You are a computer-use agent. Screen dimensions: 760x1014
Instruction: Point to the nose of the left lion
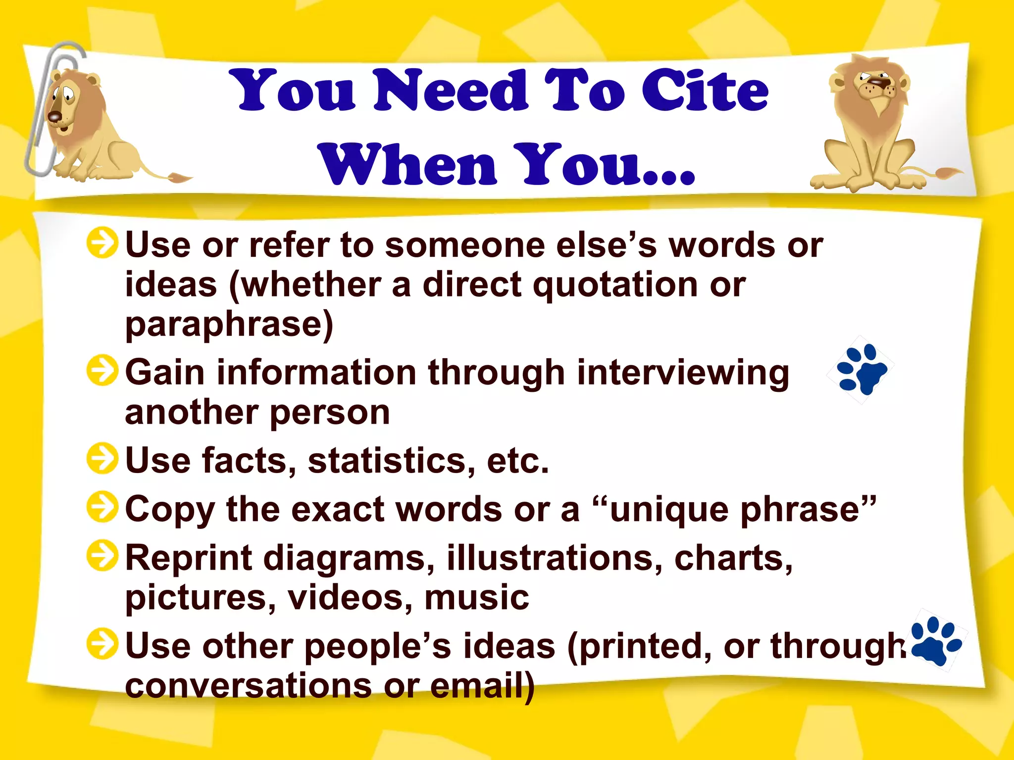54,117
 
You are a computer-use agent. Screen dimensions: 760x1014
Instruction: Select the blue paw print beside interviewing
862,370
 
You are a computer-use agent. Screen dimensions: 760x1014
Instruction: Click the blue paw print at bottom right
935,641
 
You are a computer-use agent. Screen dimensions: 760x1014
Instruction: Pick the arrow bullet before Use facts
102,458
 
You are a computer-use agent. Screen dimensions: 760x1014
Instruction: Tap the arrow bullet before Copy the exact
102,507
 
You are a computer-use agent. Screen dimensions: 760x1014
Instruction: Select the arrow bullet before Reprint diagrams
102,555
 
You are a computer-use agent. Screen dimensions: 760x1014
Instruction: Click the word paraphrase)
229,325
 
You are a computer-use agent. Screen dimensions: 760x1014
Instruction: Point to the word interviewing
683,373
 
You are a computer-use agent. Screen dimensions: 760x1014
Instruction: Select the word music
477,597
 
